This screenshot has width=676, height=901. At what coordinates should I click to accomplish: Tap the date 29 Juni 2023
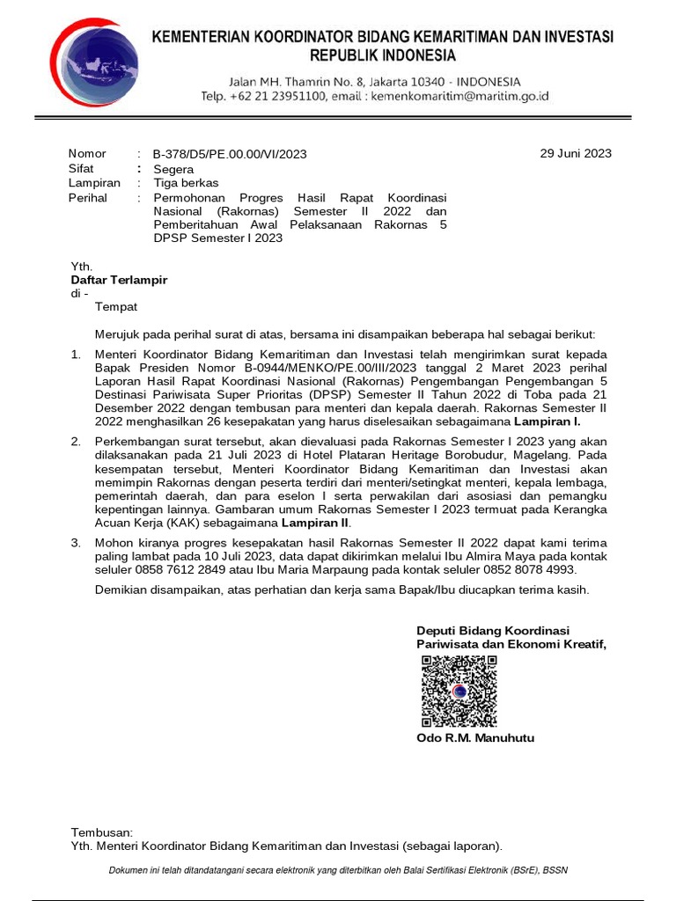pos(575,153)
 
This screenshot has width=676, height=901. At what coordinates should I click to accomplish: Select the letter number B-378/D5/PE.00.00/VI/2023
pos(230,154)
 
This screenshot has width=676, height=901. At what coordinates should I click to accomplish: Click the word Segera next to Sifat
pos(173,169)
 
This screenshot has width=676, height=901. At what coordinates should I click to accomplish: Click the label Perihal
pos(88,198)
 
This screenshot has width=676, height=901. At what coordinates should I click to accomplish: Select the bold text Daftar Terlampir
pos(119,280)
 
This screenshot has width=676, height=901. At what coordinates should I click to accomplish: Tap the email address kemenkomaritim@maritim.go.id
pos(460,96)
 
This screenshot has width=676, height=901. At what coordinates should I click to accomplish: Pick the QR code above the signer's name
pos(459,692)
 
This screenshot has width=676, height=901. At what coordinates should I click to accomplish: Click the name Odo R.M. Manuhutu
pos(475,738)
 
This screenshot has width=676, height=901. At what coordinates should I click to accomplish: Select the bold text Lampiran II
pos(322,523)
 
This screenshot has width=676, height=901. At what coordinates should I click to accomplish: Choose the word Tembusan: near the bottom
pos(101,831)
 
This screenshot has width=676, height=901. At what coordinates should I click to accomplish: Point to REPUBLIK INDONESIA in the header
pos(382,55)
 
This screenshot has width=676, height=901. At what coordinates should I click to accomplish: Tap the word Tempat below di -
pos(116,307)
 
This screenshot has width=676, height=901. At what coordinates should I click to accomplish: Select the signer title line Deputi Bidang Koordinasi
pos(493,631)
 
